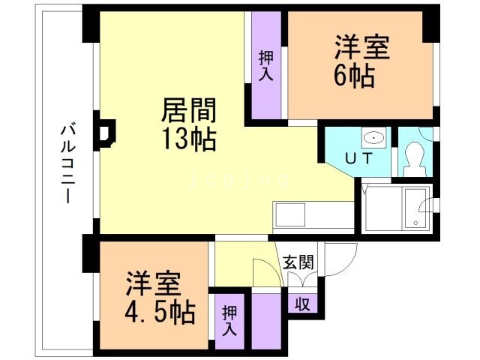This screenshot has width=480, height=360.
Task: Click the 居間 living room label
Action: (190, 112)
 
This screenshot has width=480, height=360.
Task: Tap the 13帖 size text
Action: (190, 139)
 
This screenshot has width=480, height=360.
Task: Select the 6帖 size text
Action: (354, 75)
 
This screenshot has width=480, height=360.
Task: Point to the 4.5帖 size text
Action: (159, 310)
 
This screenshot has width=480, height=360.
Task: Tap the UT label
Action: (358, 158)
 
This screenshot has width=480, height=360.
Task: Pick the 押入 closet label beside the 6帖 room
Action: (265, 66)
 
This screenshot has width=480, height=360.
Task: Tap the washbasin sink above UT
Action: (373, 138)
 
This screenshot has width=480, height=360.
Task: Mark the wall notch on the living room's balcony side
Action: (103, 132)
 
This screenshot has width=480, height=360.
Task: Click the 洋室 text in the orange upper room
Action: (361, 47)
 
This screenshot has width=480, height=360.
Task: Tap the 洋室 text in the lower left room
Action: (152, 283)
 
